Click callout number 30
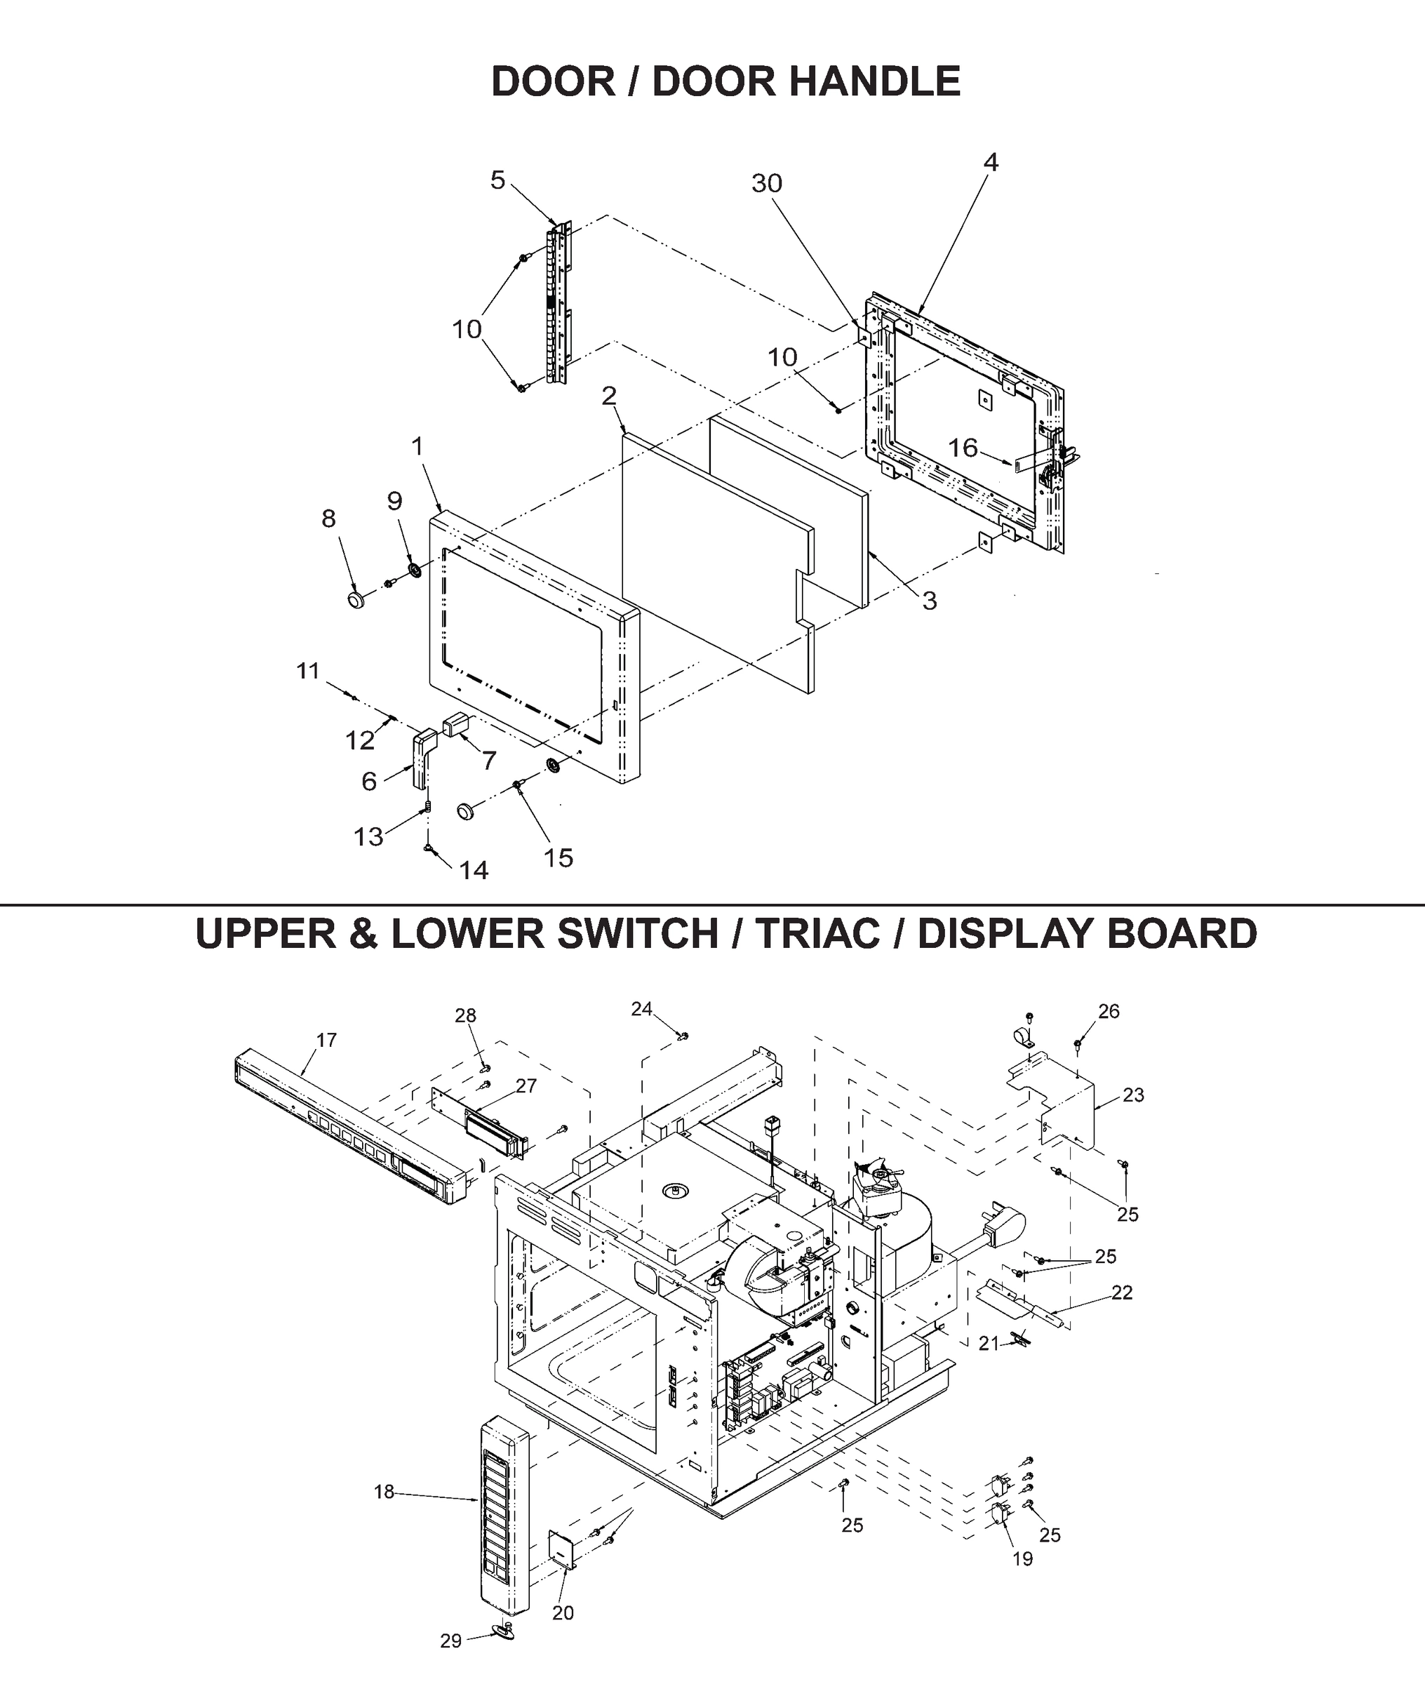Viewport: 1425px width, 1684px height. [x=767, y=184]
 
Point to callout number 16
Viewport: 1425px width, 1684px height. [x=962, y=448]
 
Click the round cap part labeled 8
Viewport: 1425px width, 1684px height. [x=356, y=599]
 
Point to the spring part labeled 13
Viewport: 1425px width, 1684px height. [x=429, y=806]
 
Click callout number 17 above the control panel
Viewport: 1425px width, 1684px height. [x=326, y=1041]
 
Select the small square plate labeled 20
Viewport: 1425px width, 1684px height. [x=563, y=1550]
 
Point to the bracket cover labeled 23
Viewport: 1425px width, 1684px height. [x=1066, y=1105]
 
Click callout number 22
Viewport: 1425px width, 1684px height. [x=1122, y=1293]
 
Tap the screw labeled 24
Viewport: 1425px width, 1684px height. [x=684, y=1036]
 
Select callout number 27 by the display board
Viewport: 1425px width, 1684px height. [x=526, y=1086]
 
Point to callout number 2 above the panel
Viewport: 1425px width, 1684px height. [x=608, y=396]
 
